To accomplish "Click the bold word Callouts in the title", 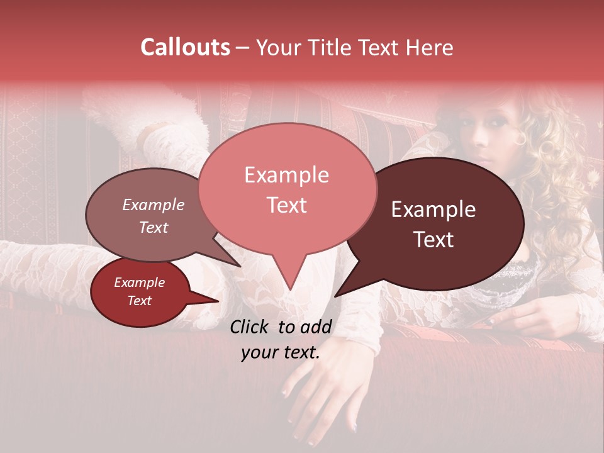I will click(185, 47).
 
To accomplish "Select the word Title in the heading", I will click(332, 48).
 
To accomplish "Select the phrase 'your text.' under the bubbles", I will click(280, 352).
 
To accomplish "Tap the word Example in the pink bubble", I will click(286, 175).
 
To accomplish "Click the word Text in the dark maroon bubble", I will click(433, 240).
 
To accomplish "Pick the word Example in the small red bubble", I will click(139, 282).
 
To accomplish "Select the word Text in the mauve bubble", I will click(154, 228).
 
